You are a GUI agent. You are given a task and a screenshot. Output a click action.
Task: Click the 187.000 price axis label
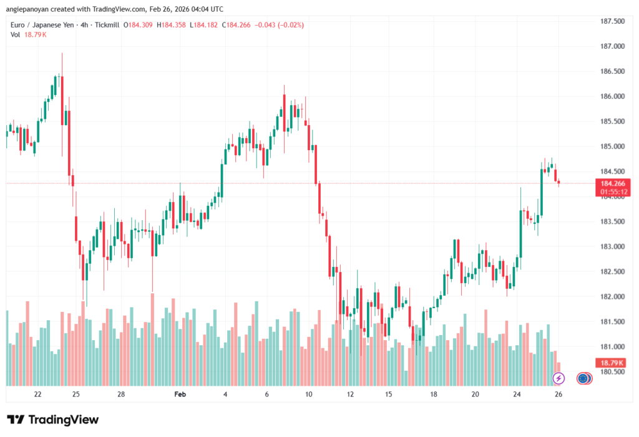[x=612, y=46]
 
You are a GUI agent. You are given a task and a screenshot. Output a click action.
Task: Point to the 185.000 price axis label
[x=612, y=146]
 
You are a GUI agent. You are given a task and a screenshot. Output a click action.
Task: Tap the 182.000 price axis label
[x=612, y=296]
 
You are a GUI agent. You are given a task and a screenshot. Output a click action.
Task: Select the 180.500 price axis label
[x=612, y=371]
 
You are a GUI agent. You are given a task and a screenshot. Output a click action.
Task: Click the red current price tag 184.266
[x=612, y=183]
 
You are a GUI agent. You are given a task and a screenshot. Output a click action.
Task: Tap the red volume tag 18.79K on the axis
[x=612, y=363]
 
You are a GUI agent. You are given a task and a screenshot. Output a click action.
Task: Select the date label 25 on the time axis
[x=76, y=394]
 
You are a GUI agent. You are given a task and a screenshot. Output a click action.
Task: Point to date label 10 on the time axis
[x=308, y=394]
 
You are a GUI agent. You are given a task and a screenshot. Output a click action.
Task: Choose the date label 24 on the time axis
[x=517, y=394]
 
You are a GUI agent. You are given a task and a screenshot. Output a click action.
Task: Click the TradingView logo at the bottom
[x=53, y=419]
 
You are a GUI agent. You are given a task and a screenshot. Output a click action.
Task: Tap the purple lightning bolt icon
[x=559, y=378]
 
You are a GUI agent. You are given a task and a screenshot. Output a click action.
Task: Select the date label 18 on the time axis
[x=433, y=394]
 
